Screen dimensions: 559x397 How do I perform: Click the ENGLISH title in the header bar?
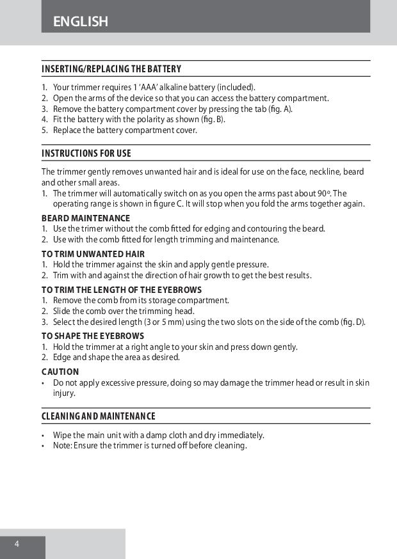[81, 22]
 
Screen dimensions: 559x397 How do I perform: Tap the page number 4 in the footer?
[17, 544]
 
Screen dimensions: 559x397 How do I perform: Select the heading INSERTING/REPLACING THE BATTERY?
[111, 69]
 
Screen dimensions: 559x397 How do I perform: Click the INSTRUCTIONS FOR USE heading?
[86, 154]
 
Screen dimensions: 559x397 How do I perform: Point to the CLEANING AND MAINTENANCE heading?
[99, 416]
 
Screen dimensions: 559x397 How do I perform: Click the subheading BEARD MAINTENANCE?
[86, 219]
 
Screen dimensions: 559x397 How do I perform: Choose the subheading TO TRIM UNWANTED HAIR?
[93, 254]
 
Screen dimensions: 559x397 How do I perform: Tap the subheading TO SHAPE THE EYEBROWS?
[93, 336]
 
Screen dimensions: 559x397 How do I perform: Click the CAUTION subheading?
[60, 372]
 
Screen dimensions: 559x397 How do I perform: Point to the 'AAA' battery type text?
[141, 87]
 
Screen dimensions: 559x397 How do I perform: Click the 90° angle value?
[323, 193]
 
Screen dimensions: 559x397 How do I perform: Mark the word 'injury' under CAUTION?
[64, 393]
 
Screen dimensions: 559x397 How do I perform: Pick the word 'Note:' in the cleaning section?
[63, 446]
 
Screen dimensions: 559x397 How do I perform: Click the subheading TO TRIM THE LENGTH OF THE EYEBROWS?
[122, 290]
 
